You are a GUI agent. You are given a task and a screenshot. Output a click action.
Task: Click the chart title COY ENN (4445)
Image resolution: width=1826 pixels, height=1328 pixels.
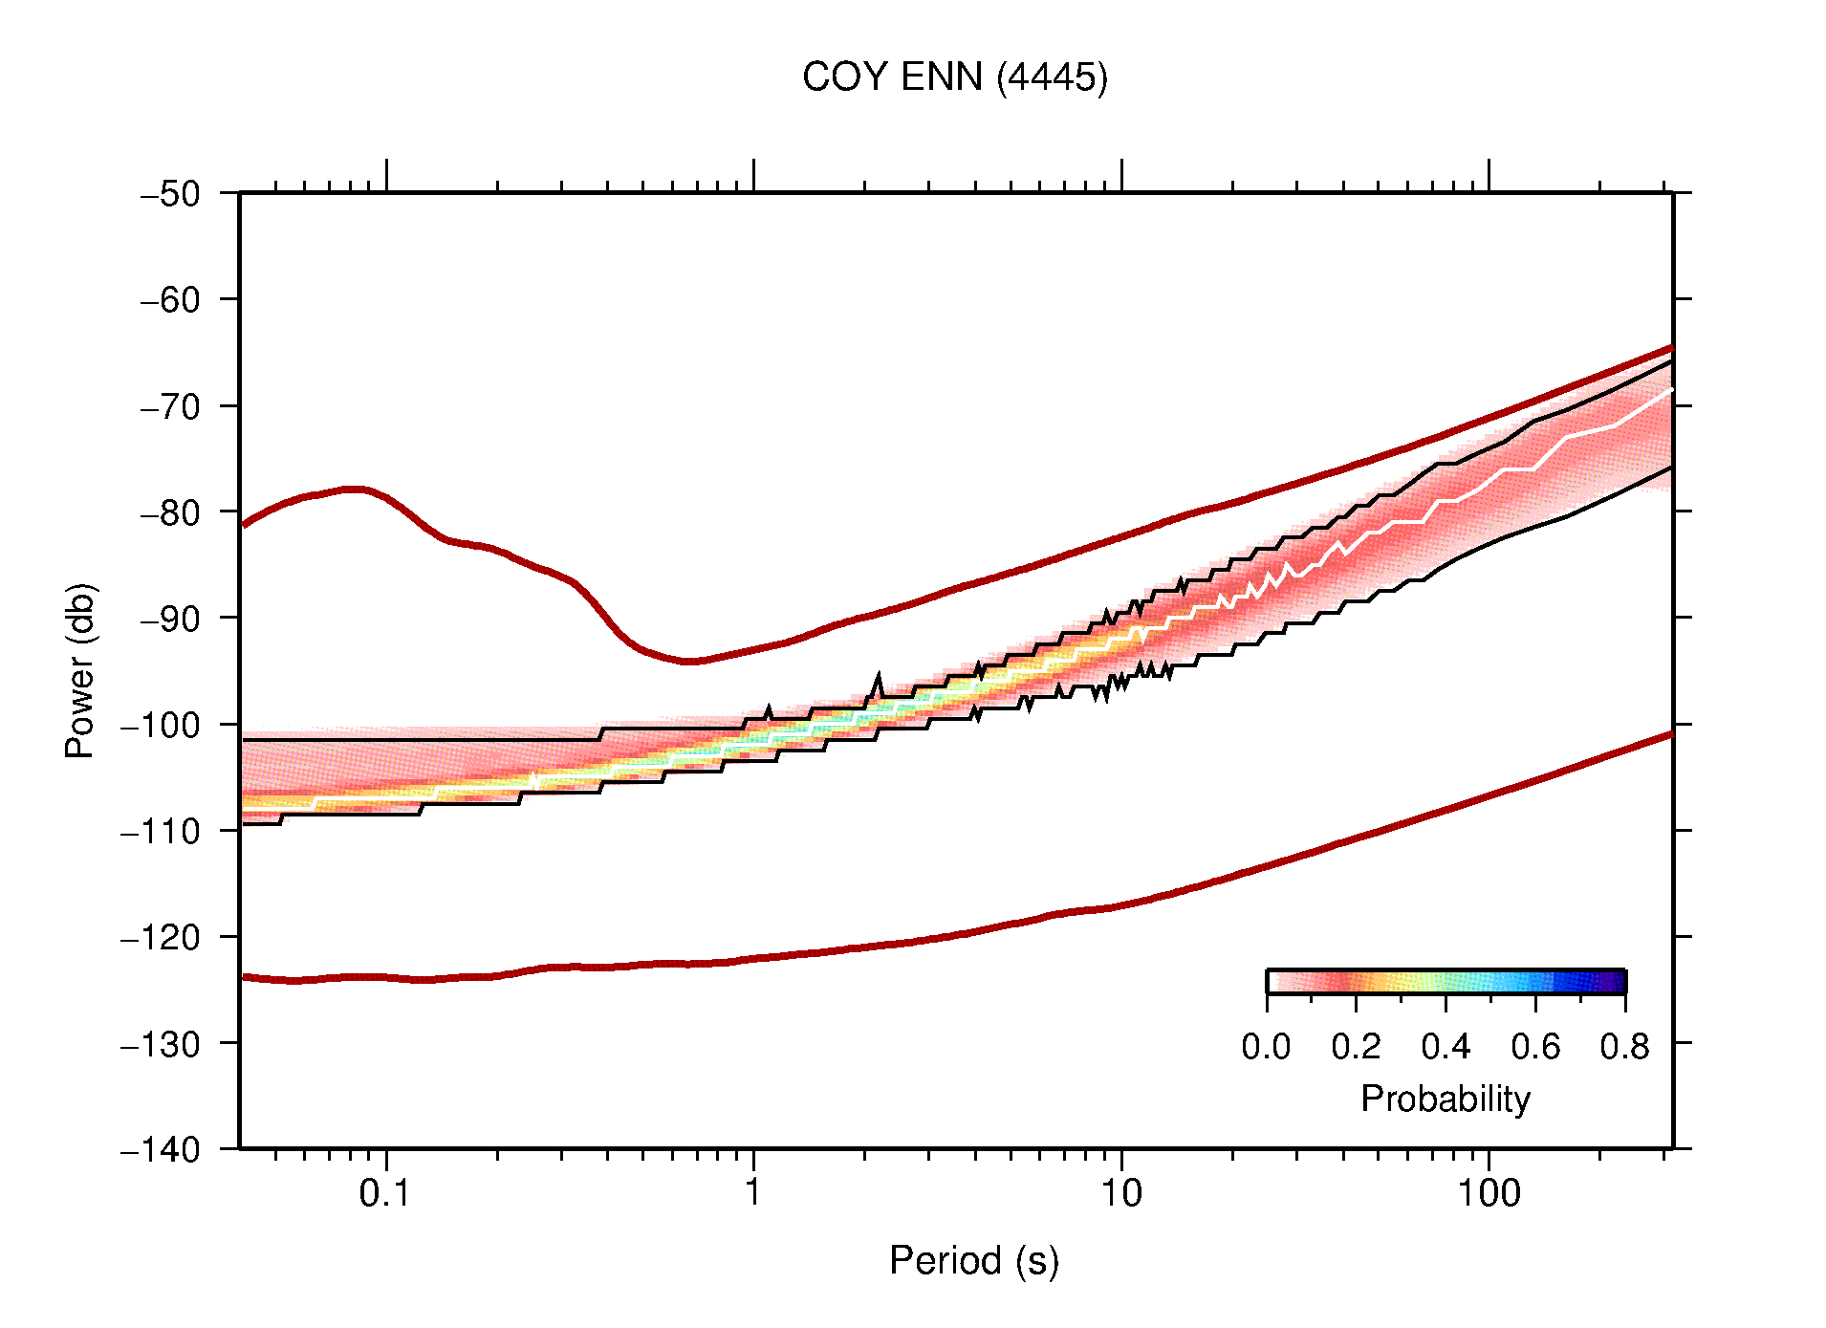tap(954, 77)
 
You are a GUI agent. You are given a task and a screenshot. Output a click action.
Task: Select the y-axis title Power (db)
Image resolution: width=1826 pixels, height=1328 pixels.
tap(80, 670)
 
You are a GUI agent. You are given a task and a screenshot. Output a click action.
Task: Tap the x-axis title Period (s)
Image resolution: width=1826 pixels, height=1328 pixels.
tap(973, 1260)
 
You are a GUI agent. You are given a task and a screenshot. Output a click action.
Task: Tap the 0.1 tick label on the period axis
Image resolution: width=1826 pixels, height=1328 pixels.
tap(384, 1193)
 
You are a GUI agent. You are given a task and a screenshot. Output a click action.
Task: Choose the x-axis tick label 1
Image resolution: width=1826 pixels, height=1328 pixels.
tap(753, 1193)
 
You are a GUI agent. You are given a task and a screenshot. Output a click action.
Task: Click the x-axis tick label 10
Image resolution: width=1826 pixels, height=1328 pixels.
tap(1120, 1193)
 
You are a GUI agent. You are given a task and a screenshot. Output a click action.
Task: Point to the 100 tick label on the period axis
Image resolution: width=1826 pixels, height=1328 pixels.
tap(1489, 1193)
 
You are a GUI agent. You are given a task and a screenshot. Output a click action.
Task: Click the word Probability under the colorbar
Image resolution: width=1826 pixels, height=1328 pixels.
tap(1445, 1099)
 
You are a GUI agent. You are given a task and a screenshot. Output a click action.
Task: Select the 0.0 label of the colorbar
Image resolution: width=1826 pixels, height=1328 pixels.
tap(1266, 1047)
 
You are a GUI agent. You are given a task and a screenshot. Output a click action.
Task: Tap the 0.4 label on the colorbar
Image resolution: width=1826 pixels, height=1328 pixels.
tap(1446, 1047)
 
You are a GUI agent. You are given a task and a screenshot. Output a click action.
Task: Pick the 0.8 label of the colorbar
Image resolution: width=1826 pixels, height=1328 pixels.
tap(1624, 1047)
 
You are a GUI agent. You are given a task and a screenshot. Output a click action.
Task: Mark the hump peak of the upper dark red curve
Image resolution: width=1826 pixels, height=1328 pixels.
tap(355, 489)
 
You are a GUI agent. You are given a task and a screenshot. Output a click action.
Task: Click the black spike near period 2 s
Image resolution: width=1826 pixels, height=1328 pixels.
tap(878, 677)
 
